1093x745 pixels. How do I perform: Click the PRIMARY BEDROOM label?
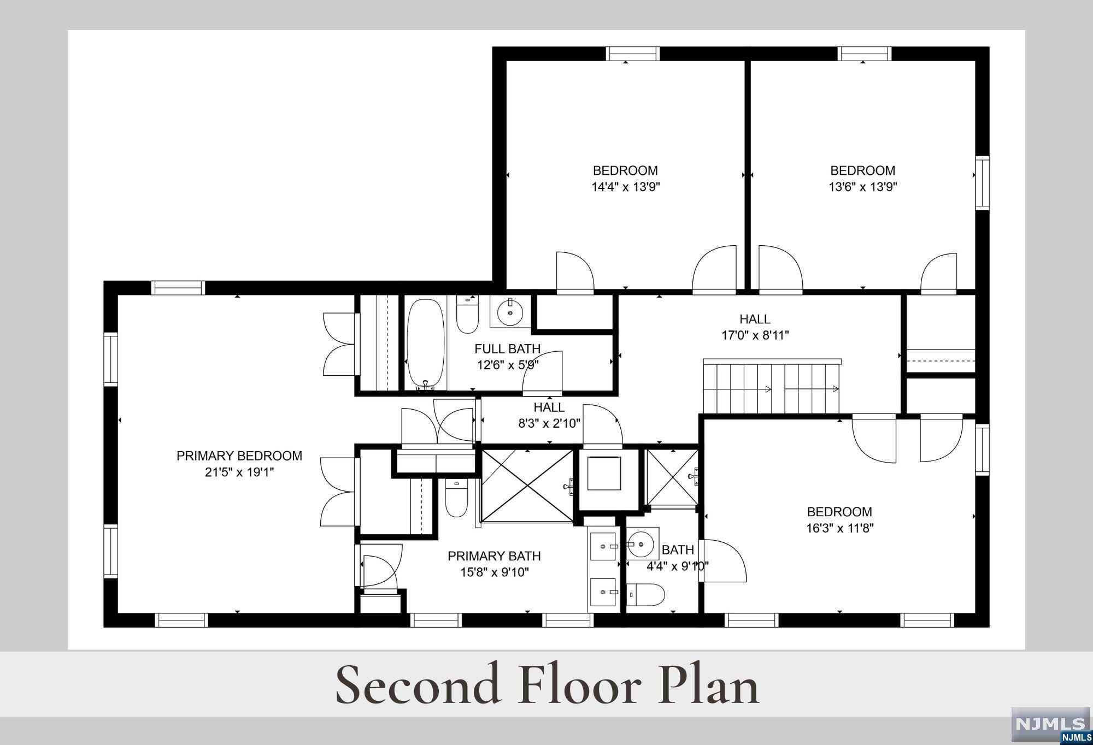click(x=239, y=456)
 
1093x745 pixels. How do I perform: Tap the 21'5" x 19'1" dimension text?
click(x=239, y=472)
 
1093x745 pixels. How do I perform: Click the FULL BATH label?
click(x=507, y=348)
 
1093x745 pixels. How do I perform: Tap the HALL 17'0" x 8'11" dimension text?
click(x=755, y=335)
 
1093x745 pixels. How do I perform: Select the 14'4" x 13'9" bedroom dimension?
click(x=626, y=187)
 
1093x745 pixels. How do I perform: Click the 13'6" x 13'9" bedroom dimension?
click(x=863, y=187)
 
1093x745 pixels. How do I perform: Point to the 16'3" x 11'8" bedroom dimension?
click(x=840, y=528)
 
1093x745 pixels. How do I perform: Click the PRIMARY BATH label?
click(x=494, y=556)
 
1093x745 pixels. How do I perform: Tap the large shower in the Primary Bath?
click(x=527, y=485)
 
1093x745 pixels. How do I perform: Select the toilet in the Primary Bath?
click(x=456, y=498)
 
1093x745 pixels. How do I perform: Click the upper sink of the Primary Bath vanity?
click(x=603, y=546)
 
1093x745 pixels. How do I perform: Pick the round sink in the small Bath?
click(x=642, y=544)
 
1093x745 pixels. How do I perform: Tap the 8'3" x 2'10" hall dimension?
click(x=549, y=423)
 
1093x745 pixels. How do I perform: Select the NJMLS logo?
click(x=1051, y=725)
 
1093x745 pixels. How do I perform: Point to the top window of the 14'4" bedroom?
click(x=633, y=54)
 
